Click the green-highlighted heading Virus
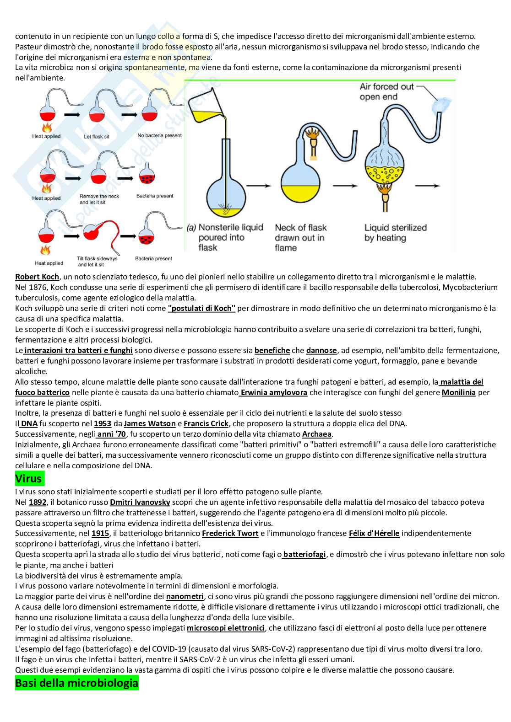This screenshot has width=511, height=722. [x=28, y=479]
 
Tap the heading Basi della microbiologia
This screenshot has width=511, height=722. [x=76, y=683]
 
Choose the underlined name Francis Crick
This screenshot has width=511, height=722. [x=206, y=423]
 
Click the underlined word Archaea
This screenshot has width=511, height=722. [x=317, y=434]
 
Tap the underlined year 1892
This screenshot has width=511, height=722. [x=38, y=502]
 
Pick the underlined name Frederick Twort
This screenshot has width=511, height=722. [x=230, y=533]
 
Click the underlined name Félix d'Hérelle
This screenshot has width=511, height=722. [x=374, y=533]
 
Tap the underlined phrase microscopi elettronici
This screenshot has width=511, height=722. [x=226, y=628]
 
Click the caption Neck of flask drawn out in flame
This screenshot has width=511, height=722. [x=300, y=237]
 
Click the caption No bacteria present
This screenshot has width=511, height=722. [x=159, y=135]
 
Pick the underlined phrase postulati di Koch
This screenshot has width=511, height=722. [x=201, y=308]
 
